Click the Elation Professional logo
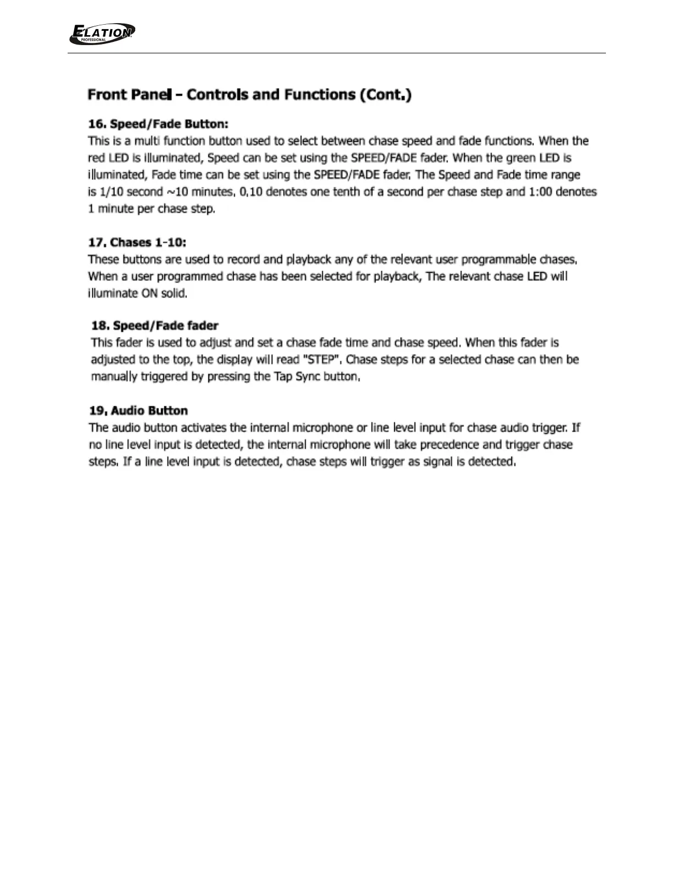(x=102, y=34)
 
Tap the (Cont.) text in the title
(x=385, y=95)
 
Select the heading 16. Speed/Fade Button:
(x=158, y=124)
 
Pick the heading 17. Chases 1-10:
(x=137, y=242)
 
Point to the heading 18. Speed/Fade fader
(x=155, y=326)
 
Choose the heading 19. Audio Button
(x=138, y=411)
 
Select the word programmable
(x=499, y=260)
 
